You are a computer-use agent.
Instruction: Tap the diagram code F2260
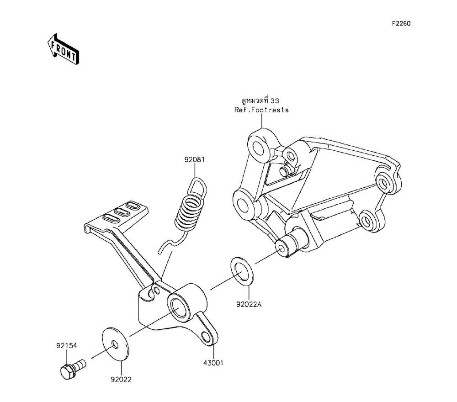(400, 23)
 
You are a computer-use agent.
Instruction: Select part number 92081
(194, 160)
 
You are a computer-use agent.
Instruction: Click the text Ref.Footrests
(262, 110)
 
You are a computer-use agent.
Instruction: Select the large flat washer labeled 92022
(114, 344)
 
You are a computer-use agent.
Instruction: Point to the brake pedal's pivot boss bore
(177, 306)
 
